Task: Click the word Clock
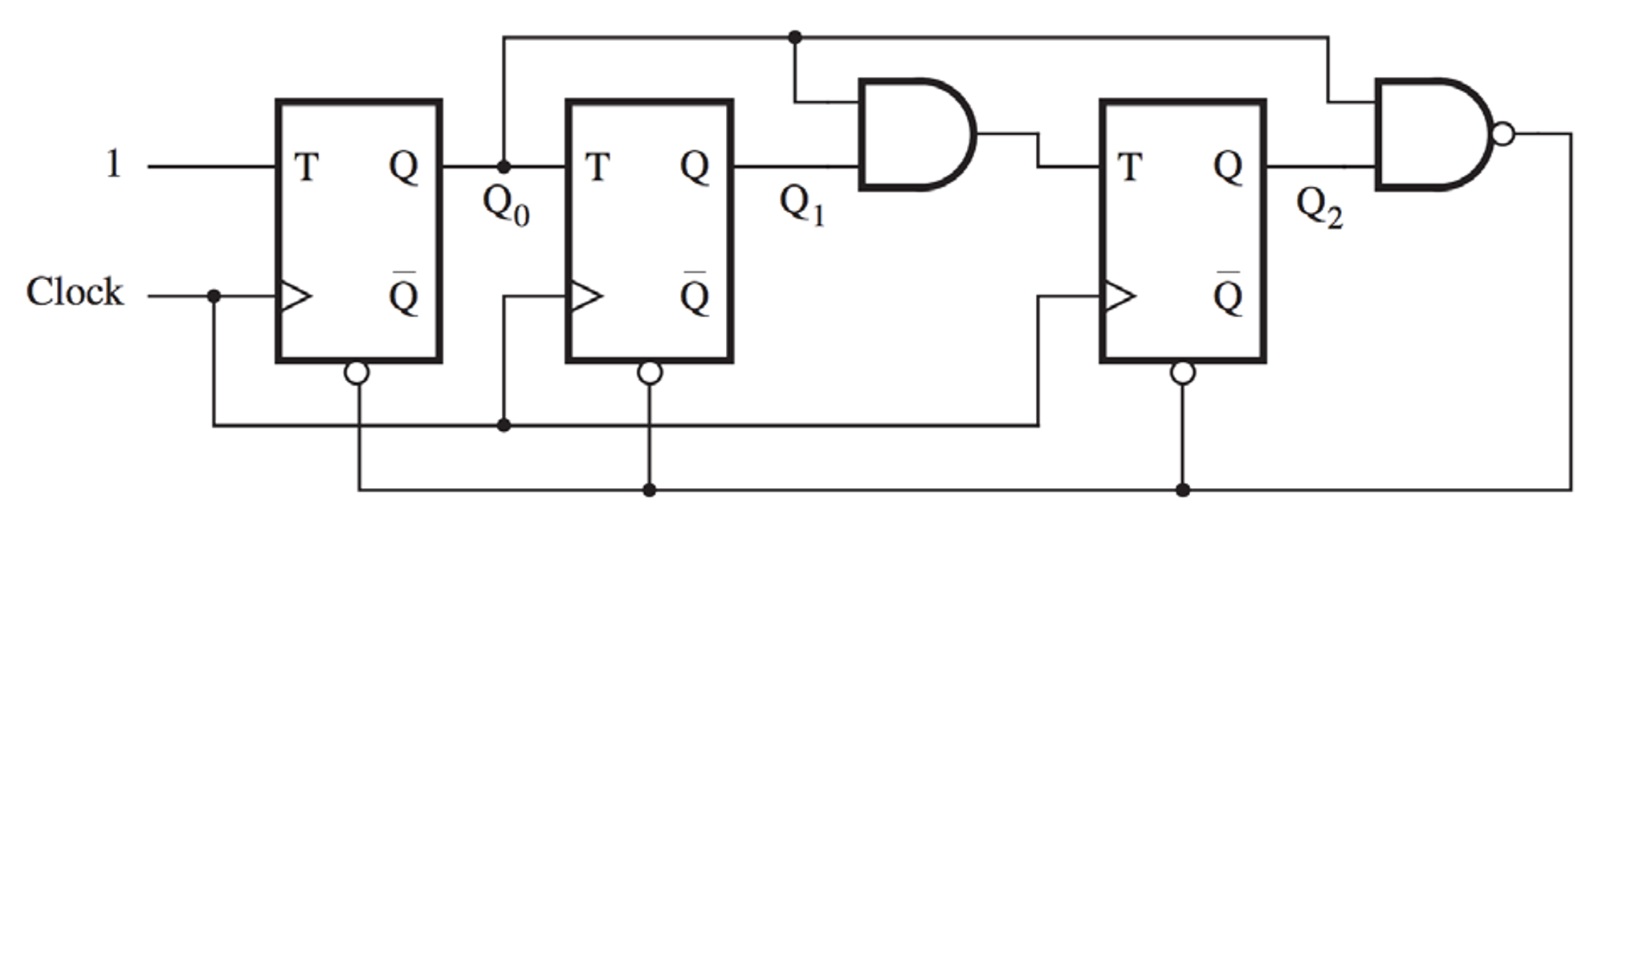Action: (x=75, y=292)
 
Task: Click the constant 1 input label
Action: (x=113, y=165)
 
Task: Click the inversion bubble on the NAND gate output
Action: (x=1503, y=134)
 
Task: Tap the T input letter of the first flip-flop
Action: (x=306, y=168)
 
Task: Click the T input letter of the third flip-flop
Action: (x=1129, y=168)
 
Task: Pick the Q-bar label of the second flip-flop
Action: (x=695, y=295)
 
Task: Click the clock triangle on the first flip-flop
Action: (x=294, y=296)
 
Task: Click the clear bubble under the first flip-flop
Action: (x=357, y=373)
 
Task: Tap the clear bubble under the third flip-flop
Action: (x=1183, y=373)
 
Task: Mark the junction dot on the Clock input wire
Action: (x=214, y=296)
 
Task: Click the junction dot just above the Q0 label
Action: (x=503, y=167)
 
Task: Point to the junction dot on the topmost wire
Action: (x=795, y=37)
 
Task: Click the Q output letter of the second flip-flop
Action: (x=695, y=166)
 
